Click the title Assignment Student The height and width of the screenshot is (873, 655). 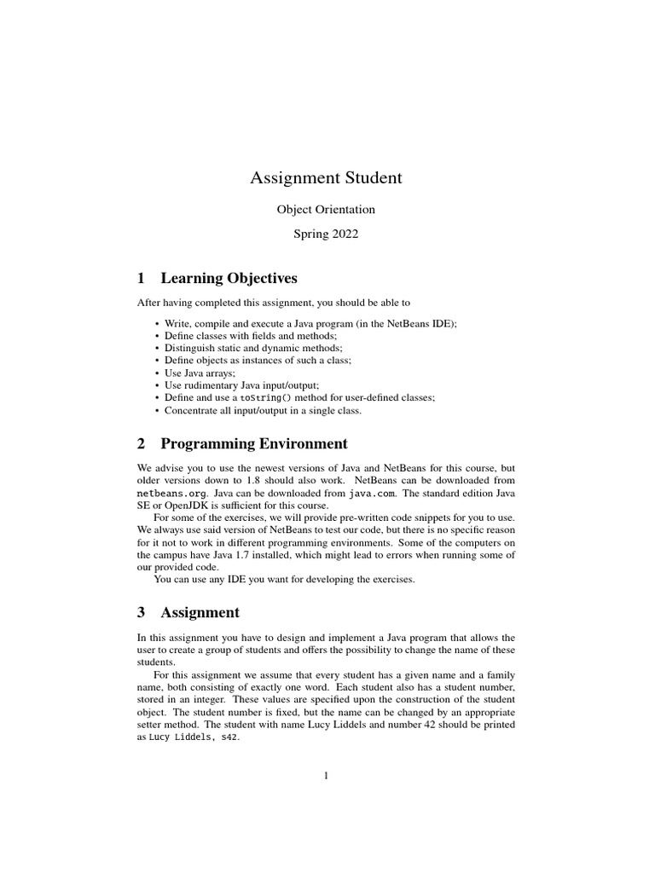(326, 178)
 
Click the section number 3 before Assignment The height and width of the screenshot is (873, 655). (142, 612)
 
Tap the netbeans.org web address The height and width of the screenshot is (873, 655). (171, 494)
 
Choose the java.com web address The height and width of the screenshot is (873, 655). (373, 494)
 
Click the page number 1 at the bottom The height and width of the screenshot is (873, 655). (326, 775)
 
